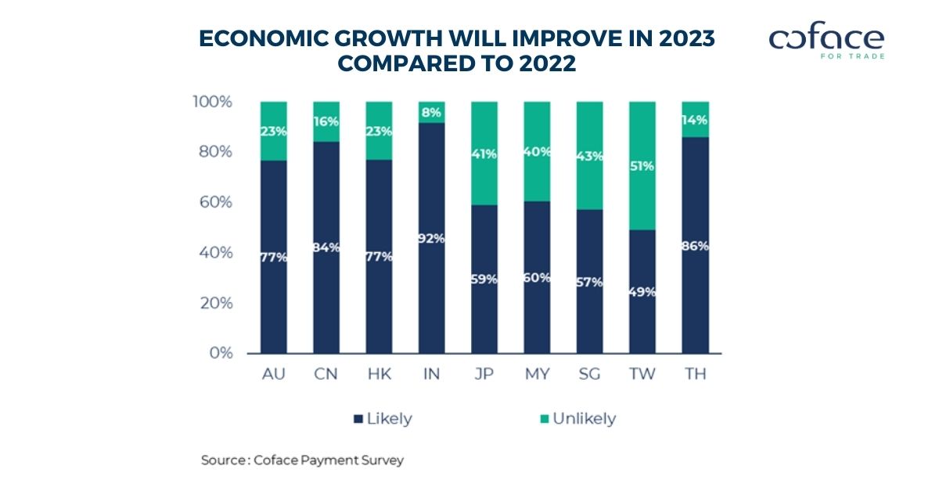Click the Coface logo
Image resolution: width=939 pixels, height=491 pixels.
click(826, 42)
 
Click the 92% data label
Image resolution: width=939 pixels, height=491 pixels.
click(431, 238)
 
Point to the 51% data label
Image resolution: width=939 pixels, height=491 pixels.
click(642, 166)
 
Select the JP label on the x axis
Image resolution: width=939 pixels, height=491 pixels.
click(484, 374)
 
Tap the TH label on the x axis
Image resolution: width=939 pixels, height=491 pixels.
click(694, 374)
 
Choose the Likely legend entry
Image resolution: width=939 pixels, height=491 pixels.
click(383, 419)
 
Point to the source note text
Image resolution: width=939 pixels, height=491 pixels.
click(303, 460)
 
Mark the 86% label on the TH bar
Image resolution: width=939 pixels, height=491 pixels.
click(694, 246)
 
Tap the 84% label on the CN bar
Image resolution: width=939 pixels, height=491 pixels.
click(326, 248)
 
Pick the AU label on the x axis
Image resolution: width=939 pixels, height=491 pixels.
click(273, 374)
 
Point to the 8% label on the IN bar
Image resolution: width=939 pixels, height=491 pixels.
click(431, 112)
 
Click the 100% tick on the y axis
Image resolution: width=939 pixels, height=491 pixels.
click(213, 102)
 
